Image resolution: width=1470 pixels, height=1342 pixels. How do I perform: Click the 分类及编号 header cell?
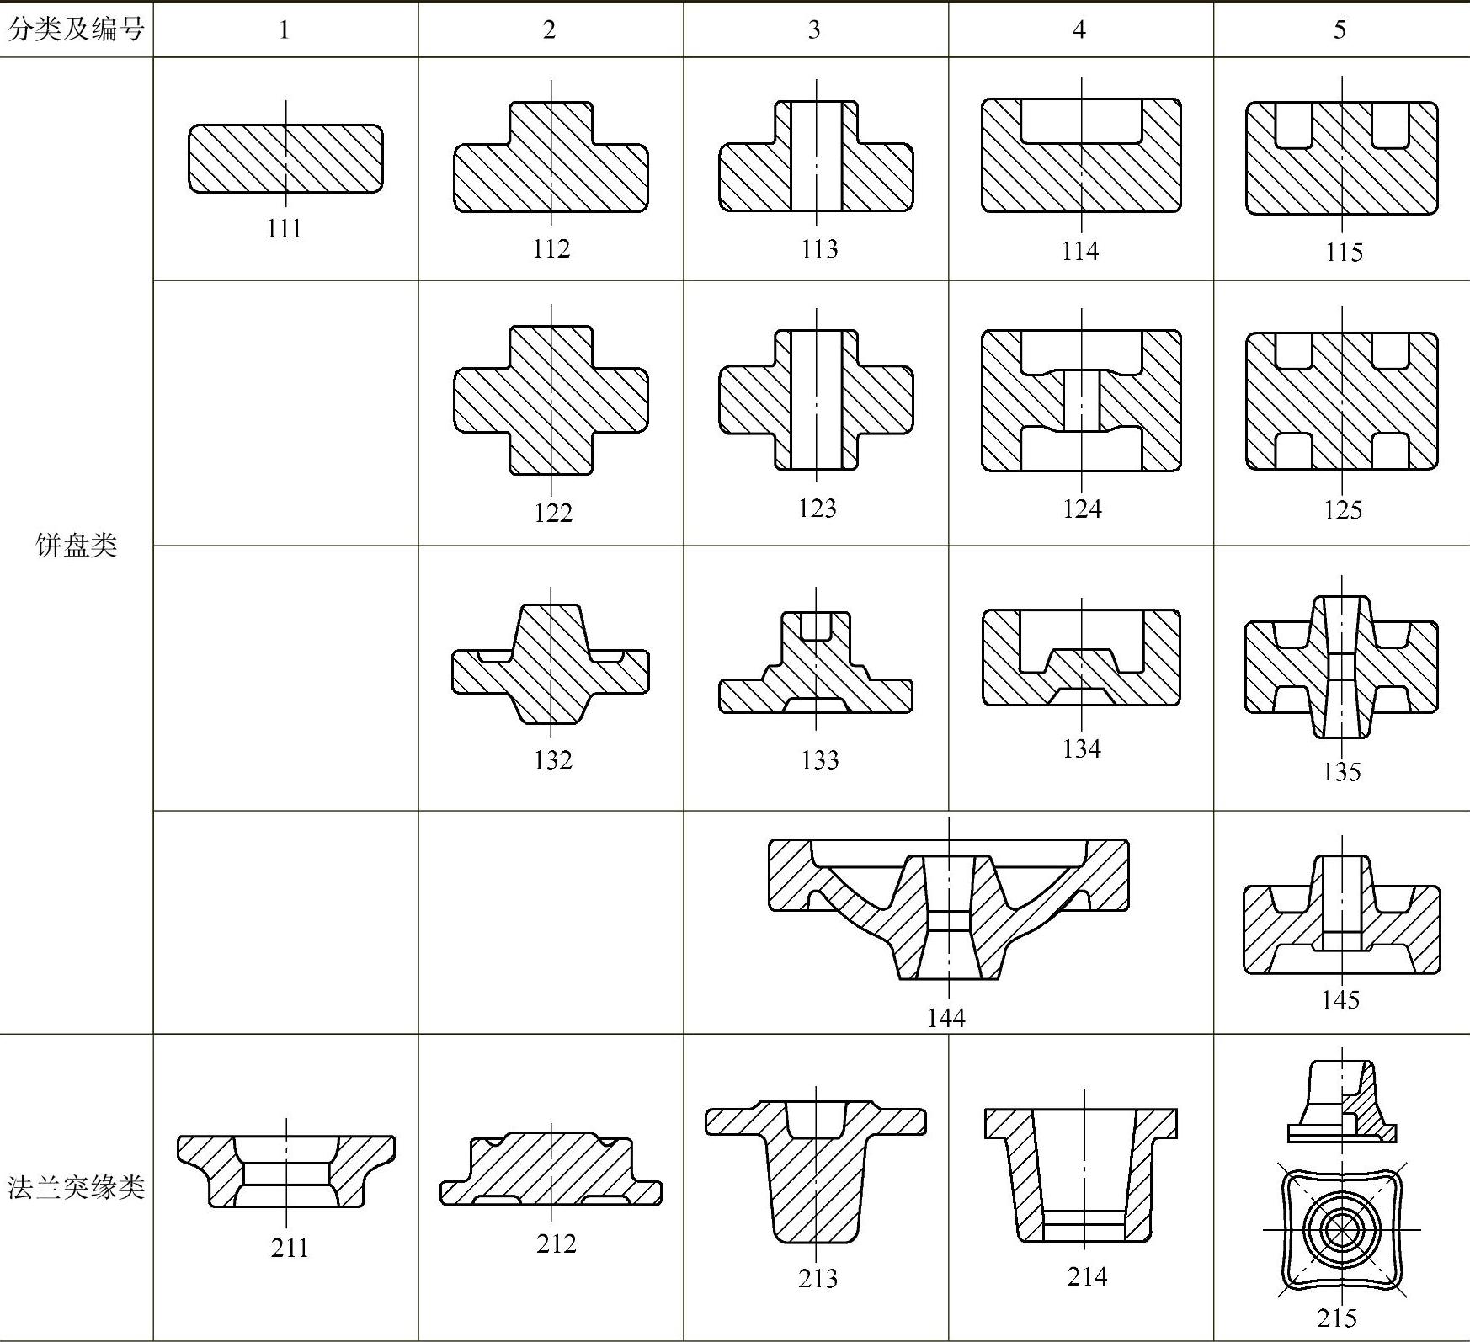(76, 29)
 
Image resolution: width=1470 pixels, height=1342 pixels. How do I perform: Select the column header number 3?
(814, 29)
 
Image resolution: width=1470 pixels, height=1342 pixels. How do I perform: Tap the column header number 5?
(1340, 29)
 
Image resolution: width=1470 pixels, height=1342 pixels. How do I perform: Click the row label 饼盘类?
(76, 546)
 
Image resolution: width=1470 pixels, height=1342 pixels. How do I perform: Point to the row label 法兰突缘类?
(76, 1187)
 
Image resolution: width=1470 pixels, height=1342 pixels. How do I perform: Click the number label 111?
(285, 229)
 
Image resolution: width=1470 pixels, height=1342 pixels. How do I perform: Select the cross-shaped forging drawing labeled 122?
(551, 401)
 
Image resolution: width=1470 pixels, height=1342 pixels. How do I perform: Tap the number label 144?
(945, 1018)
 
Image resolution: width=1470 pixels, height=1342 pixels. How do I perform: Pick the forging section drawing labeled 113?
(816, 157)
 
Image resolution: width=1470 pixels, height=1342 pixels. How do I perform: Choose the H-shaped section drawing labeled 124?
(1081, 401)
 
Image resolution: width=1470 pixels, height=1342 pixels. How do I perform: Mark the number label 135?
(1341, 771)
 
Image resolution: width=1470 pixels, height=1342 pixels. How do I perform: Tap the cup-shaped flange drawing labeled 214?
(1082, 1174)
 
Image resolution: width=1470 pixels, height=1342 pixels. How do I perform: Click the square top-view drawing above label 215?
(1341, 1230)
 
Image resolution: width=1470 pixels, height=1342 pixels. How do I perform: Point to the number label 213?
(818, 1278)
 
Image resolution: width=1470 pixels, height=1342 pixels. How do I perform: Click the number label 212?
(556, 1243)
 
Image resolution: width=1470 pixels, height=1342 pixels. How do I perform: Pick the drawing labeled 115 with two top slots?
(1341, 158)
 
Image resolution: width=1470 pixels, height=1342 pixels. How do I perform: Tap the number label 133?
(819, 760)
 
